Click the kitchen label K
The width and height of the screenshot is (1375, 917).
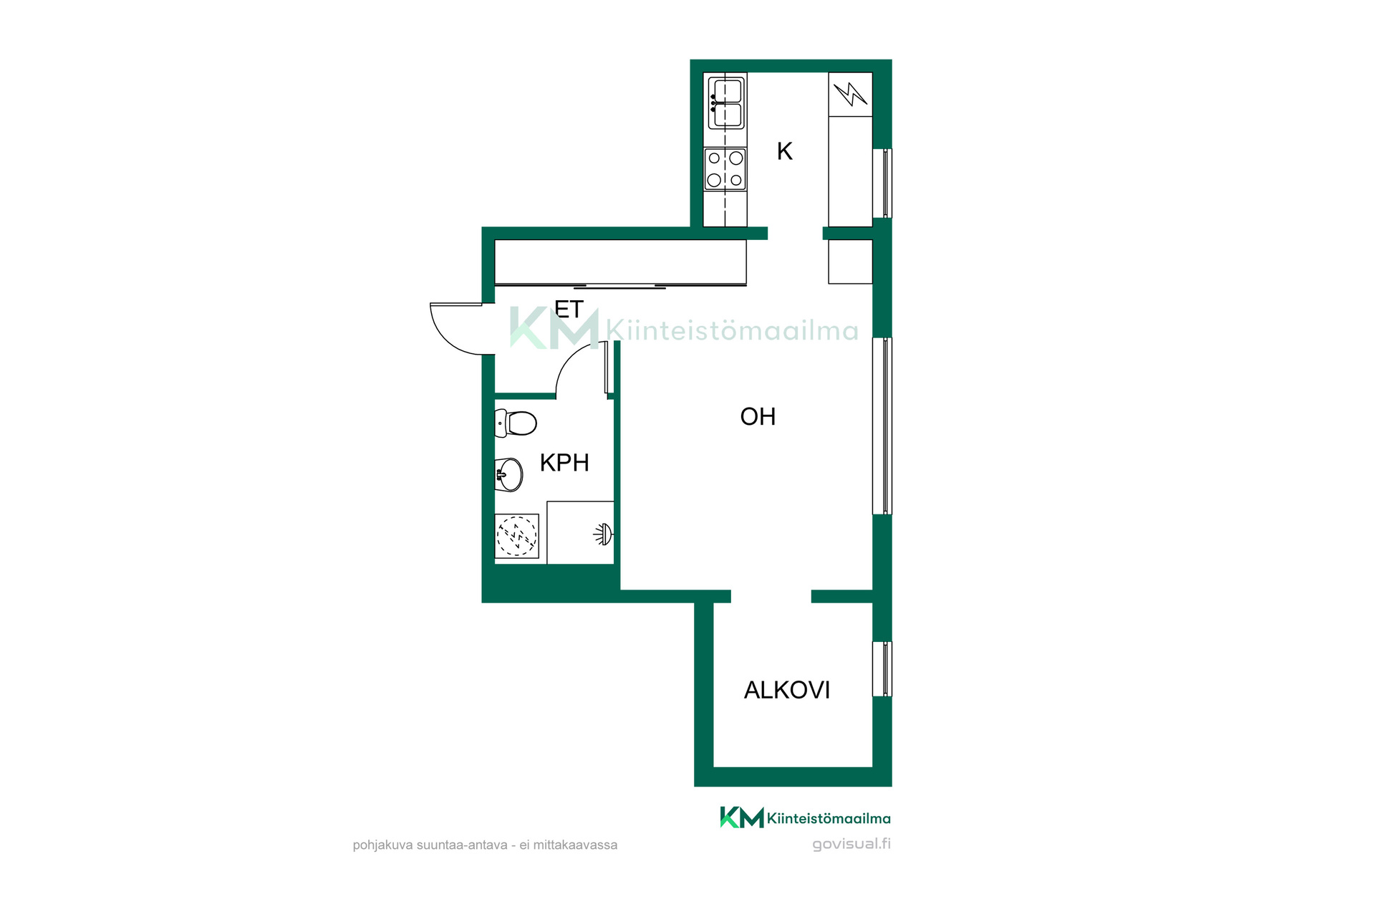[x=785, y=151]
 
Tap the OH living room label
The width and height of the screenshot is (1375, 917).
[x=758, y=416]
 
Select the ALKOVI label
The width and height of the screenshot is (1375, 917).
[x=787, y=690]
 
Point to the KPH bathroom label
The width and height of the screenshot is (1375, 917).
[x=564, y=463]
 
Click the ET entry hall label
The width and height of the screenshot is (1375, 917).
[x=569, y=309]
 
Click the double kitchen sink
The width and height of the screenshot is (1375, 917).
[x=725, y=103]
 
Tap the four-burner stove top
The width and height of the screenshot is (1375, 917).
[x=725, y=169]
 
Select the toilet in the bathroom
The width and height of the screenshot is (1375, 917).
[x=516, y=423]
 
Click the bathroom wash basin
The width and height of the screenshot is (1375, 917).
[x=509, y=474]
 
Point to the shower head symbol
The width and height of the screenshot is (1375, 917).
[x=604, y=534]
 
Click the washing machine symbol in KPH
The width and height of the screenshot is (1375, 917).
[x=516, y=535]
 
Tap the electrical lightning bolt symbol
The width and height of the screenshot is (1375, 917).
[x=851, y=94]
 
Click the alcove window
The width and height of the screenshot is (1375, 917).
[x=882, y=669]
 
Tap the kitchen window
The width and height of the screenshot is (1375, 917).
[x=882, y=183]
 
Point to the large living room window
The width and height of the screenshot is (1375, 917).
[x=882, y=426]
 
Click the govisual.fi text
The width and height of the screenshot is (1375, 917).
[x=851, y=844]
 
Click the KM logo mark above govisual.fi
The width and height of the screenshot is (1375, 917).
[x=742, y=817]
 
